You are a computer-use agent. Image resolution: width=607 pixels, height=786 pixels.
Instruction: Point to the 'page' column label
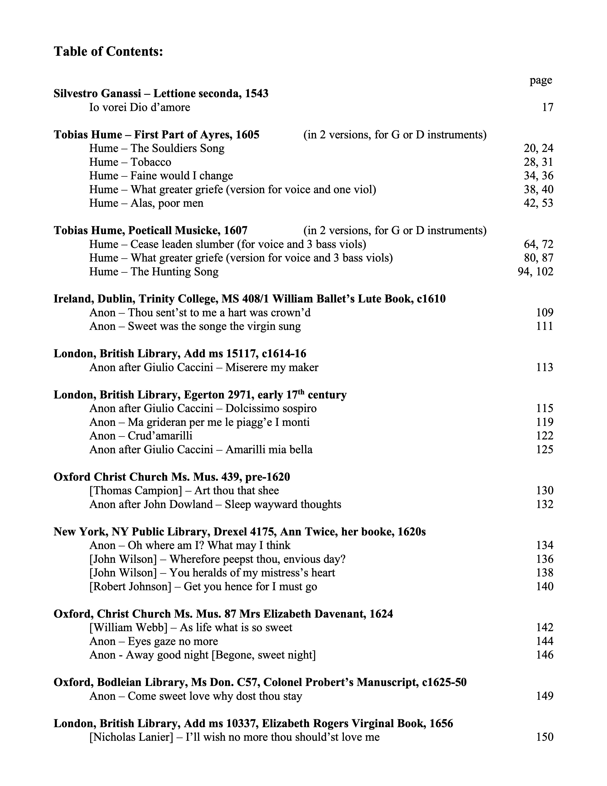tap(541, 80)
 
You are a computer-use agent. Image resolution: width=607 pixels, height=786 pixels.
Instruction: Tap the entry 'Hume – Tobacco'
tap(130, 162)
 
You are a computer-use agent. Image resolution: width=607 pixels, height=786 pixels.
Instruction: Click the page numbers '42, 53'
tap(538, 203)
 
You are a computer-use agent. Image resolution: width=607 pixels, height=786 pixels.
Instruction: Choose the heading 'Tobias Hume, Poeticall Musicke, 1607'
tap(150, 230)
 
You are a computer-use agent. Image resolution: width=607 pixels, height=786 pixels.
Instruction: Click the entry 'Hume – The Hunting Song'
tap(154, 271)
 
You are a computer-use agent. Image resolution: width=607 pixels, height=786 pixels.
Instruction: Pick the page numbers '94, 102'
tap(535, 271)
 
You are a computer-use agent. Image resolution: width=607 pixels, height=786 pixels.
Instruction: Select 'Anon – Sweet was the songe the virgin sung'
tap(195, 326)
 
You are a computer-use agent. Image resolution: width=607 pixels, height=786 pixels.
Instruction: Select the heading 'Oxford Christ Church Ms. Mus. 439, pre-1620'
tap(172, 477)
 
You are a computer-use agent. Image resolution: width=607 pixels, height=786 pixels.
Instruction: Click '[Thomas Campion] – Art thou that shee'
tap(184, 490)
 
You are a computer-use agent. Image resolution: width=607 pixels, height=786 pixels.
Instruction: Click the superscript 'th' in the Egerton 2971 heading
tap(301, 392)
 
